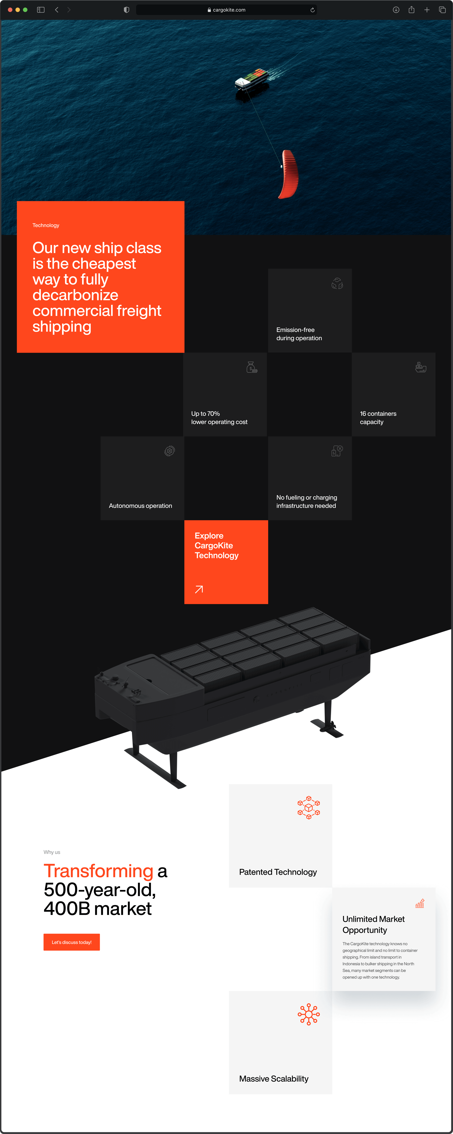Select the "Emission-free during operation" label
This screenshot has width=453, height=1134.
click(x=299, y=334)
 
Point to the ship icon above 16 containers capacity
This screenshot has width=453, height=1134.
click(x=421, y=367)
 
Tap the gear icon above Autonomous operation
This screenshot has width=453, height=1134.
click(x=170, y=451)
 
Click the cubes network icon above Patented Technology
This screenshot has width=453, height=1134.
click(x=309, y=807)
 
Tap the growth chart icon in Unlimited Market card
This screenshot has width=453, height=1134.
click(x=420, y=903)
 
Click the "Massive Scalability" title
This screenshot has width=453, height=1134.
click(x=274, y=1079)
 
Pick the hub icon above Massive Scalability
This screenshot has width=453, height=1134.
click(x=309, y=1014)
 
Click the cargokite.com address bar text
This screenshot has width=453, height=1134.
click(x=229, y=10)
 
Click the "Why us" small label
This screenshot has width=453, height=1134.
click(x=52, y=852)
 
